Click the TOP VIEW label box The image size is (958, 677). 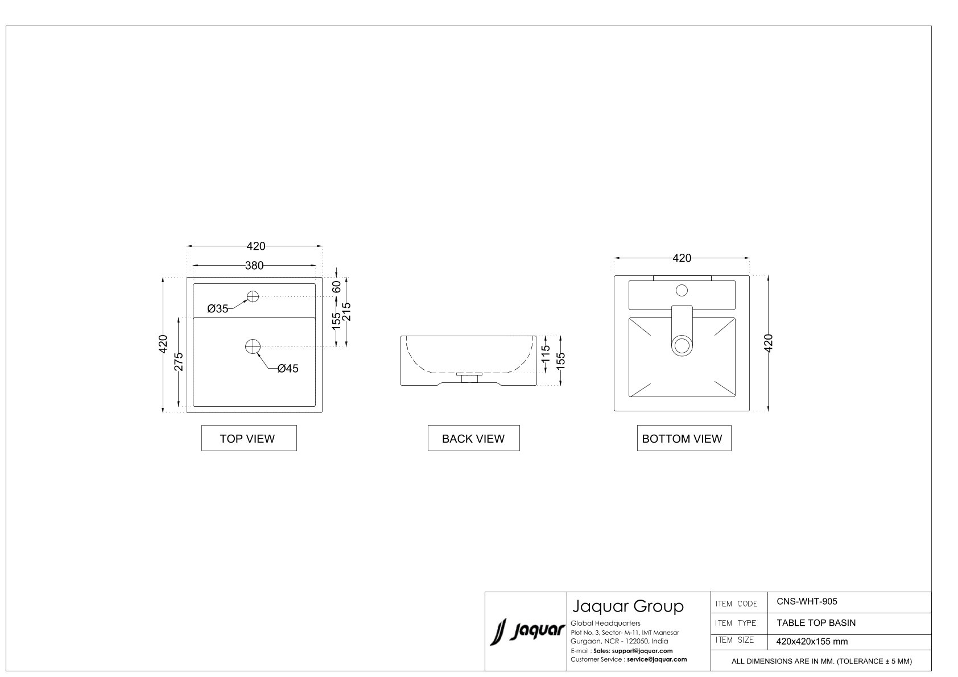pos(249,438)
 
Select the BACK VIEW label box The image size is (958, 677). pos(473,438)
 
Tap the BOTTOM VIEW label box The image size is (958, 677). pos(684,438)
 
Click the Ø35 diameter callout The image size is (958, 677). pos(218,308)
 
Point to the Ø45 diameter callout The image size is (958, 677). pos(288,368)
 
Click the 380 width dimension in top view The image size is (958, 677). pos(254,266)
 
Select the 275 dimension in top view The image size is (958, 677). pos(179,362)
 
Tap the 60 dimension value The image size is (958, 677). pos(337,287)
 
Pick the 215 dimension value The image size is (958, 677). pos(347,312)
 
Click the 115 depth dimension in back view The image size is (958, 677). pos(546,354)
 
